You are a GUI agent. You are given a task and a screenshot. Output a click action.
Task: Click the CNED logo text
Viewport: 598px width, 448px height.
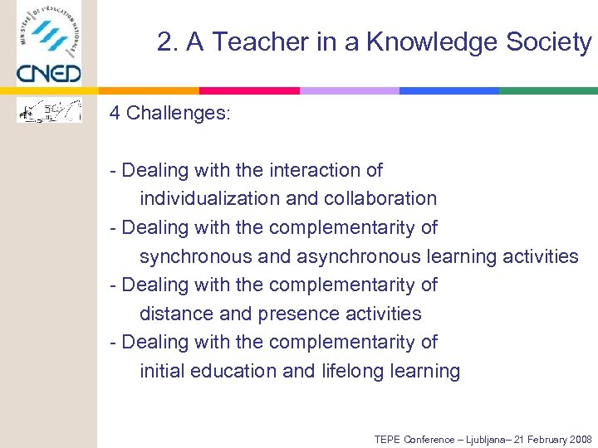pyautogui.click(x=49, y=73)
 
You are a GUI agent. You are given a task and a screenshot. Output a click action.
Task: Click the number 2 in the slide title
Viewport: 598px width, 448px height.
pyautogui.click(x=164, y=42)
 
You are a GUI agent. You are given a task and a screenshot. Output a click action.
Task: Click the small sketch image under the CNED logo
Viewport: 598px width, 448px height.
pyautogui.click(x=50, y=110)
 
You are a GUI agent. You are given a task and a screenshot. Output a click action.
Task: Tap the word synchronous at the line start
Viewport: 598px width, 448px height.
pyautogui.click(x=196, y=256)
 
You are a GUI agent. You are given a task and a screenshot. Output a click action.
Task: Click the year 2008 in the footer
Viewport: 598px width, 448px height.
pyautogui.click(x=579, y=439)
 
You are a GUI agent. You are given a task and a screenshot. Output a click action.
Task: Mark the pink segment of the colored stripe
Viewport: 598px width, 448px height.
pyautogui.click(x=249, y=90)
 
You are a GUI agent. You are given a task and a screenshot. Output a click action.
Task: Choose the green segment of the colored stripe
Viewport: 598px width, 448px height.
pyautogui.click(x=548, y=90)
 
